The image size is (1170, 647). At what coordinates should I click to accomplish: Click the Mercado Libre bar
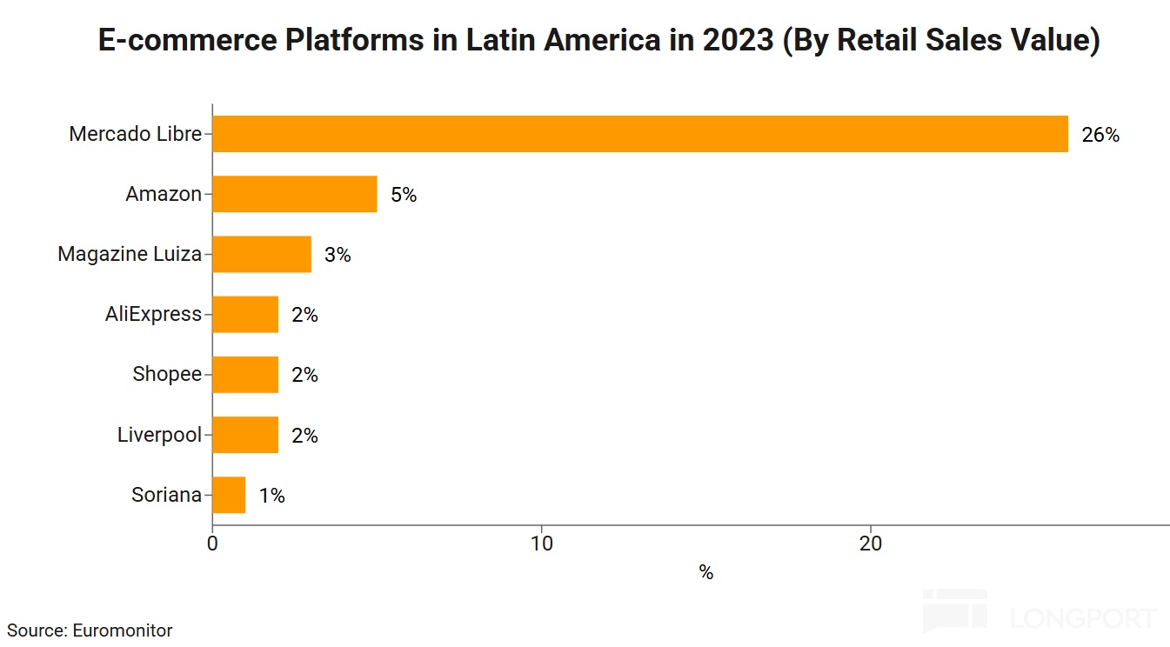pos(639,134)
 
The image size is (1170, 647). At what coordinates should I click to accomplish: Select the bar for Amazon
pos(294,194)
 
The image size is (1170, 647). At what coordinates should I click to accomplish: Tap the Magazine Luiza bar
pos(261,254)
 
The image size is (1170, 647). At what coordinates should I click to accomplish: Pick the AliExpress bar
pos(244,314)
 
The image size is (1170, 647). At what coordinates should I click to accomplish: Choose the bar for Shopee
pos(244,374)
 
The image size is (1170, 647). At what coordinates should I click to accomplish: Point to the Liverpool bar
pos(244,435)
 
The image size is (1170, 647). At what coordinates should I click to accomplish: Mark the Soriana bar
pos(229,495)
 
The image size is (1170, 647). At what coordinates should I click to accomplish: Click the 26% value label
pos(1100,135)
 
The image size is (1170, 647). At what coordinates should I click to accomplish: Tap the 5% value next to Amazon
pos(404,195)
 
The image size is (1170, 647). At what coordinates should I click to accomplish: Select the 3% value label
pos(338,255)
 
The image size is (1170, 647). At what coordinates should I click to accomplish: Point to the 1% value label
pos(271,496)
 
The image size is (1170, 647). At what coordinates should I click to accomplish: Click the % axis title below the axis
pos(705,573)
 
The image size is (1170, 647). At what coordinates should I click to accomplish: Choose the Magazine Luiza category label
pos(130,254)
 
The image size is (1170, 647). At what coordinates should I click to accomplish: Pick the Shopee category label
pos(167,374)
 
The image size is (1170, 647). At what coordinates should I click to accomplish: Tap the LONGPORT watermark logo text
pos(1084,618)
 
